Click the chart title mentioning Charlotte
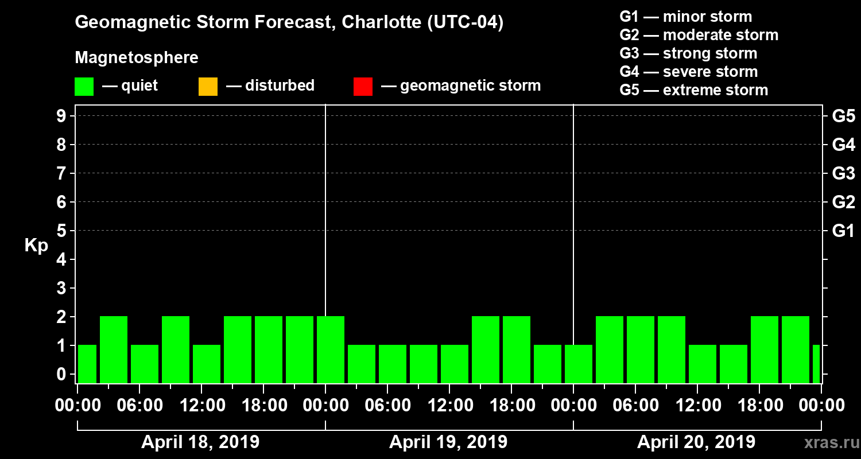[x=289, y=23]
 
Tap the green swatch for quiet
[x=84, y=86]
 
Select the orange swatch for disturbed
[x=208, y=86]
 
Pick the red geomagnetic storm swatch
[x=363, y=86]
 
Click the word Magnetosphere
[x=137, y=58]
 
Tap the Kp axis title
[x=36, y=246]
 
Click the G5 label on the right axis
[x=843, y=116]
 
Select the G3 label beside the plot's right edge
[x=843, y=173]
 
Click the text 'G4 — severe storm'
[x=688, y=72]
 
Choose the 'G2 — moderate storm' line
[x=699, y=35]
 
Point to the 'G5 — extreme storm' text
[x=693, y=90]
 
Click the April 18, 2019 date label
[x=200, y=442]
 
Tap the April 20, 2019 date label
[x=696, y=442]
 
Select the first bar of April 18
[x=87, y=364]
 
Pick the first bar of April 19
[x=331, y=349]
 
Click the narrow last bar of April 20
[x=816, y=364]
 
